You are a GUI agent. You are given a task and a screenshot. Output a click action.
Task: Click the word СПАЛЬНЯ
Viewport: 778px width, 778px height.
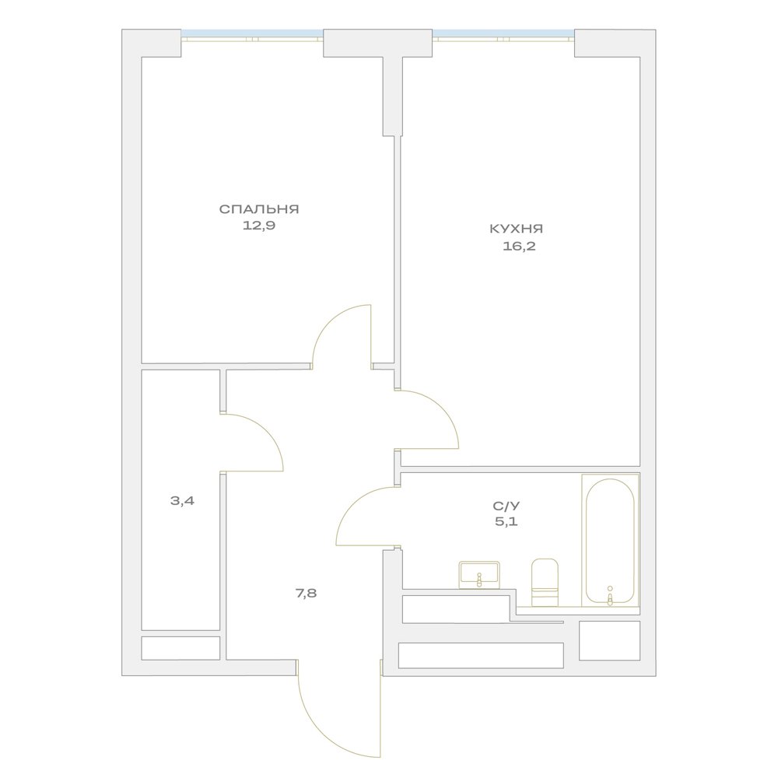(x=259, y=209)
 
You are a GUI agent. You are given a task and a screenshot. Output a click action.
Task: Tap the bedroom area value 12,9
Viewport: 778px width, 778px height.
(x=259, y=226)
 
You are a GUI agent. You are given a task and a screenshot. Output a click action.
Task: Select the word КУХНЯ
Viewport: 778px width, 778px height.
(x=516, y=229)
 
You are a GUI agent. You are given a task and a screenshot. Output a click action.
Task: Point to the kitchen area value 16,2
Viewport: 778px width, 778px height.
(x=519, y=246)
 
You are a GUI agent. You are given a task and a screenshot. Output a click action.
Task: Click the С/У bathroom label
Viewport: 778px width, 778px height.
(x=506, y=506)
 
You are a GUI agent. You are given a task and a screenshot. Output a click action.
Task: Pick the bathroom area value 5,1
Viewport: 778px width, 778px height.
(x=506, y=521)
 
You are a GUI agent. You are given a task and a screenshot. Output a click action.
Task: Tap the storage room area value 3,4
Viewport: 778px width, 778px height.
(x=182, y=500)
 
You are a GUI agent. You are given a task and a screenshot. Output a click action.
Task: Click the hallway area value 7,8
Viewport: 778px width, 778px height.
(x=306, y=592)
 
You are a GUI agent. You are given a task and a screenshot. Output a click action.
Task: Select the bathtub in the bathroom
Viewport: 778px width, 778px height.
(x=610, y=540)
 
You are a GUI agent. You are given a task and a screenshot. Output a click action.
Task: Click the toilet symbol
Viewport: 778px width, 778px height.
(x=545, y=582)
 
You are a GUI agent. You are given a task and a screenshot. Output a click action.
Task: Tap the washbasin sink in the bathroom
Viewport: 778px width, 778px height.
(x=478, y=575)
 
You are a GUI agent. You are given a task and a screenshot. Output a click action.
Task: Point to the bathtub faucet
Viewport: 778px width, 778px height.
(x=610, y=594)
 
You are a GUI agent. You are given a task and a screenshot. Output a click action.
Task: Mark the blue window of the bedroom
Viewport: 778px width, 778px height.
(x=252, y=33)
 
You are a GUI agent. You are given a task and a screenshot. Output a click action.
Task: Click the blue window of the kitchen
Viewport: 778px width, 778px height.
(x=503, y=33)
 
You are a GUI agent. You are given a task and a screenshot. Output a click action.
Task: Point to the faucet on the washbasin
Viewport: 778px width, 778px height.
(x=478, y=580)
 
